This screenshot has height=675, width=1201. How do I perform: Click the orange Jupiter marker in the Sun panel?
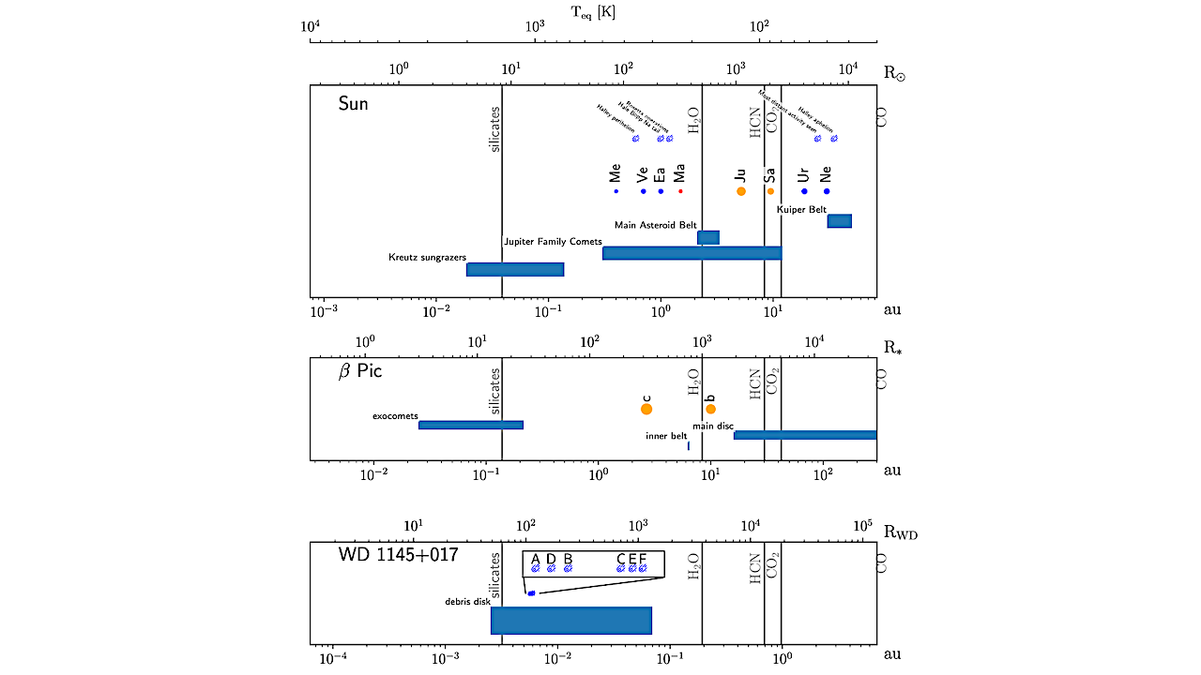tap(741, 191)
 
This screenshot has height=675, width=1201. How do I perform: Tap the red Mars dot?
tap(680, 191)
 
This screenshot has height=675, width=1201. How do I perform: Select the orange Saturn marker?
tap(770, 191)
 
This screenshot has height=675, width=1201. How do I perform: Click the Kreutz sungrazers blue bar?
tap(515, 269)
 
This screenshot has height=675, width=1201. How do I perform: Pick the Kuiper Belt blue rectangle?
tap(839, 220)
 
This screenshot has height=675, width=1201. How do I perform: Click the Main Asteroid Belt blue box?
tap(708, 237)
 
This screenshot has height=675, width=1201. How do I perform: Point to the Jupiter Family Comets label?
tap(553, 242)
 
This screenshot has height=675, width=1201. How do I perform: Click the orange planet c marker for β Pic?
tap(646, 409)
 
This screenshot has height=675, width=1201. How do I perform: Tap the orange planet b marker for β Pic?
tap(711, 409)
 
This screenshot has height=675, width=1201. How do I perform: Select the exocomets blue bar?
tap(471, 425)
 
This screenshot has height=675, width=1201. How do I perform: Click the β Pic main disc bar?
tap(805, 435)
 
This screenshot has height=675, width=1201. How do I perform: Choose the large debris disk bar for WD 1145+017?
tap(571, 621)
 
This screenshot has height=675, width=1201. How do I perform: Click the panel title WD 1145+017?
tap(398, 555)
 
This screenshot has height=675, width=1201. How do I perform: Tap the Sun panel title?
tap(354, 104)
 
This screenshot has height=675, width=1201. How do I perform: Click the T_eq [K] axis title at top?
tap(593, 12)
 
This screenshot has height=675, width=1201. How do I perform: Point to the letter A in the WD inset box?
tap(536, 560)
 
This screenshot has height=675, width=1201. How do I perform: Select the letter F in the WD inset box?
tap(643, 560)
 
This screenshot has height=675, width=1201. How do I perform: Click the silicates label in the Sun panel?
tap(495, 129)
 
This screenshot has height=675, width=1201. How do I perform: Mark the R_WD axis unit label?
tap(901, 534)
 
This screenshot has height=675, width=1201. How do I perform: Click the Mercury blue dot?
tap(616, 191)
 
